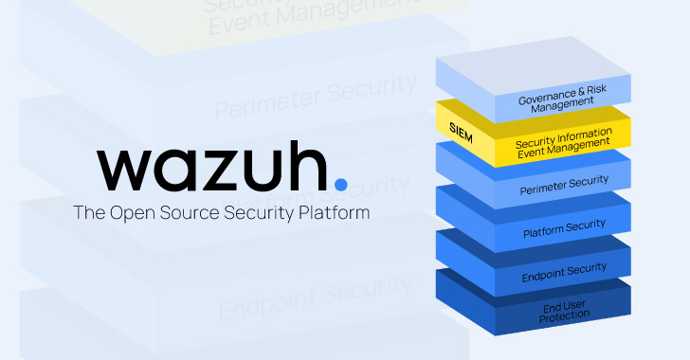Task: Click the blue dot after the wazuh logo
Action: pyautogui.click(x=341, y=182)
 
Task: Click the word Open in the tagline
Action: pyautogui.click(x=131, y=212)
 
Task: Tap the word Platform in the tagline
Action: pyautogui.click(x=332, y=212)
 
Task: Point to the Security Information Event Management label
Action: pyautogui.click(x=563, y=140)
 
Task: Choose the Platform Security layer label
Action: pyautogui.click(x=564, y=228)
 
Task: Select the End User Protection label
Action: pyautogui.click(x=564, y=314)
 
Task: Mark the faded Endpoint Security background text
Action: pyautogui.click(x=316, y=297)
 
